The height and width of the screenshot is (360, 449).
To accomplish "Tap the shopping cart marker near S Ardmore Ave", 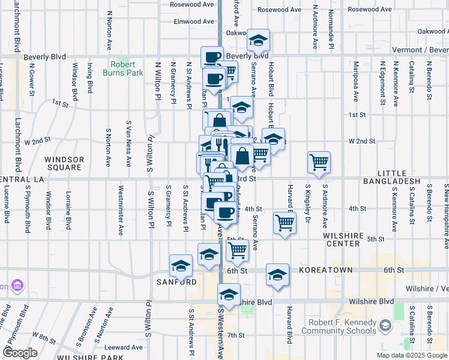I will [319, 161].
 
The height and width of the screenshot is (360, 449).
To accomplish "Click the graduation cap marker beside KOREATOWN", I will [277, 275].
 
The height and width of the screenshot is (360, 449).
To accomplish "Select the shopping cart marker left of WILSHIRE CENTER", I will [285, 223].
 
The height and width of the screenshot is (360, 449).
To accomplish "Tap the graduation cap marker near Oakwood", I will [259, 40].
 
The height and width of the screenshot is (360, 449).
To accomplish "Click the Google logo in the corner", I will [20, 353].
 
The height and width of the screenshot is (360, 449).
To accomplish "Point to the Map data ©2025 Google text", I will [411, 355].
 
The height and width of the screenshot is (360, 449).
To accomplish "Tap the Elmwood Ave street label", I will [194, 22].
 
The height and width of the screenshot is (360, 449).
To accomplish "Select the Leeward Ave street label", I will [124, 347].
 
